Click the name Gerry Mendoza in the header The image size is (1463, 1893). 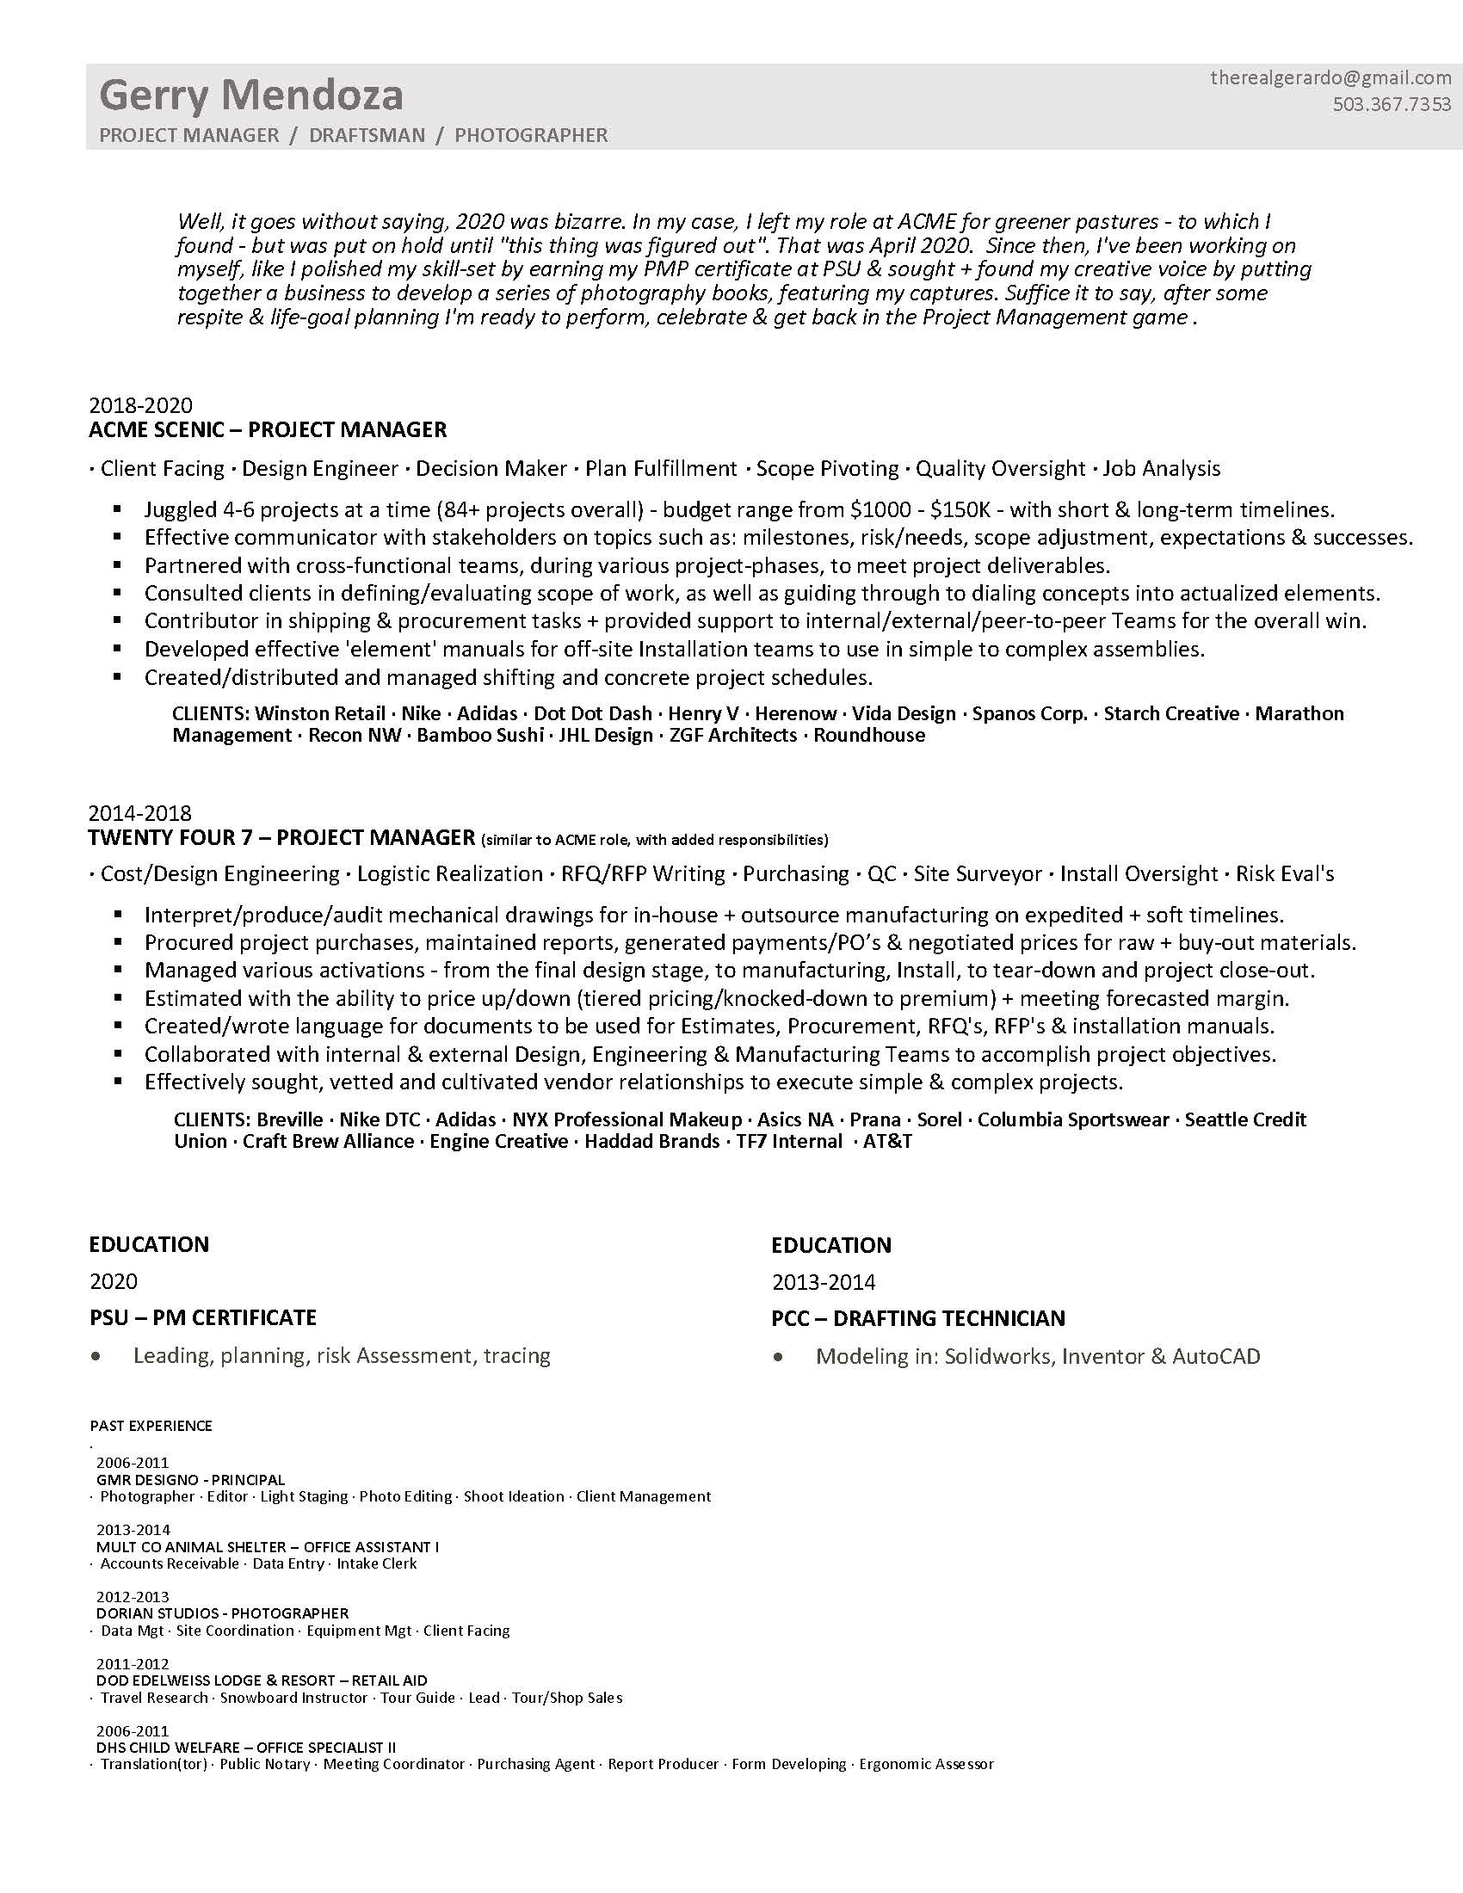pyautogui.click(x=251, y=96)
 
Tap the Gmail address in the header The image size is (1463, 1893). pyautogui.click(x=1330, y=78)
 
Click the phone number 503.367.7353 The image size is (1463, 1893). pyautogui.click(x=1391, y=105)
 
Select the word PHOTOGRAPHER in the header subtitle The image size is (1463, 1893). pyautogui.click(x=531, y=135)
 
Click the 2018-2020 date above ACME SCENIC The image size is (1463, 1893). pyautogui.click(x=140, y=405)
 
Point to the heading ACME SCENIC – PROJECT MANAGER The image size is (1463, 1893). pyautogui.click(x=268, y=430)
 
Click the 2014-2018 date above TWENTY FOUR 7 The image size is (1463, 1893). pyautogui.click(x=140, y=813)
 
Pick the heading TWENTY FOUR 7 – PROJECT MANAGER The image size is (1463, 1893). pyautogui.click(x=281, y=837)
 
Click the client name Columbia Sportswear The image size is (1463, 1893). pyautogui.click(x=1073, y=1119)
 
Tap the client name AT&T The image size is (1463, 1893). pyautogui.click(x=887, y=1142)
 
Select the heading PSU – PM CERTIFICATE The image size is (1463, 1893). pyautogui.click(x=203, y=1317)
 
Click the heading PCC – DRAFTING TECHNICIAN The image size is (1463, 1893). pyautogui.click(x=919, y=1318)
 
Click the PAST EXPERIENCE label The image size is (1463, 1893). pyautogui.click(x=151, y=1426)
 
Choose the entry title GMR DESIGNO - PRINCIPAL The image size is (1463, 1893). pyautogui.click(x=191, y=1480)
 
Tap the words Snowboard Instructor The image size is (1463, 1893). pyautogui.click(x=293, y=1697)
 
